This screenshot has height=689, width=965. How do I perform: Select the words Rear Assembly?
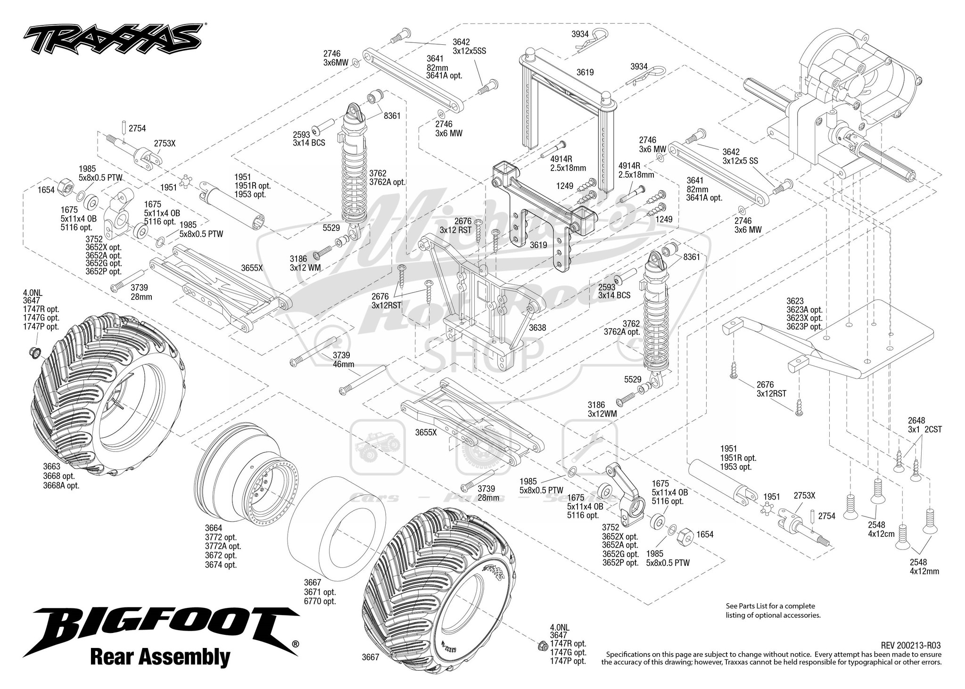[160, 656]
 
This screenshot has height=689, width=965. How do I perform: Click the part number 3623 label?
[794, 301]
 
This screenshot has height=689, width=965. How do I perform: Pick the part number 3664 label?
[213, 528]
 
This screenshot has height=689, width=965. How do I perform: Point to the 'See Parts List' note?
[770, 610]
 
